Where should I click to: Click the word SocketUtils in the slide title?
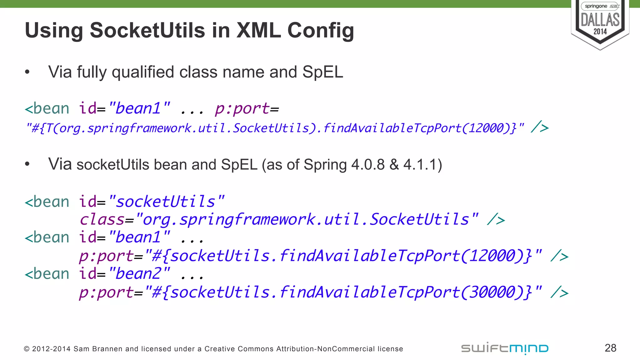147,31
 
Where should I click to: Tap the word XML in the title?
258,31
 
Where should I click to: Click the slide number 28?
610,348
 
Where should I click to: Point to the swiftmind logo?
505,348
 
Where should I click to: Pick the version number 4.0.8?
368,165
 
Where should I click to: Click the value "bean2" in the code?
139,274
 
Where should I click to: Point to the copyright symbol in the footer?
27,349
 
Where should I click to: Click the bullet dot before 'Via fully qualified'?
27,72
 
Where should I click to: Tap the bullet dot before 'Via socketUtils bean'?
27,164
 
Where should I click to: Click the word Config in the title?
321,31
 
